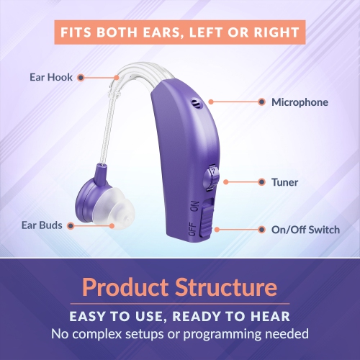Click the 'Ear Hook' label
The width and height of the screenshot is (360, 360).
click(x=50, y=76)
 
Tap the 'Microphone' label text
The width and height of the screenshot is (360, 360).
click(x=300, y=102)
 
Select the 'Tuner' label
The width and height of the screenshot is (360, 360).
click(x=285, y=183)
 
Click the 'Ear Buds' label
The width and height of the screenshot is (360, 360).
click(x=40, y=225)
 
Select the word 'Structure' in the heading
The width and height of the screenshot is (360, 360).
click(x=224, y=288)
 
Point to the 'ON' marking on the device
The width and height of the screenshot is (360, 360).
click(x=194, y=207)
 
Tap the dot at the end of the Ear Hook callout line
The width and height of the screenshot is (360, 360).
click(x=81, y=76)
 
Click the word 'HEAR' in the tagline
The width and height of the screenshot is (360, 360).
click(x=273, y=316)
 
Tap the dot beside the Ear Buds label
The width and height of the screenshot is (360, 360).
click(x=71, y=225)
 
